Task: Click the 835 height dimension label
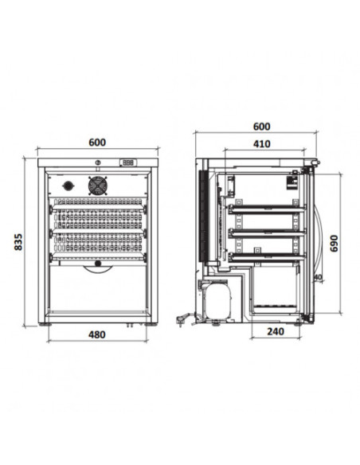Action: (x=18, y=242)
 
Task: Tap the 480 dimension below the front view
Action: (x=97, y=334)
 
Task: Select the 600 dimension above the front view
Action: (x=97, y=143)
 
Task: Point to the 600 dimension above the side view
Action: (x=262, y=127)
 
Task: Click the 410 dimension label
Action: (x=262, y=144)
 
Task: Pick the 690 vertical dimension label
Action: (x=334, y=244)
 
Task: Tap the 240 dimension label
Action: (x=276, y=331)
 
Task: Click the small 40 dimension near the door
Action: (x=318, y=277)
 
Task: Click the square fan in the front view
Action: (x=98, y=186)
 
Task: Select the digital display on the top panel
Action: (x=128, y=162)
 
